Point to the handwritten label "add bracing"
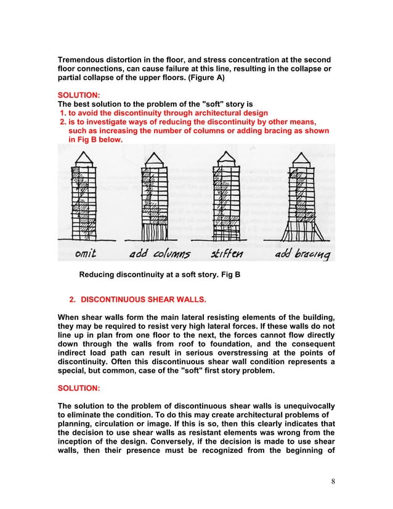tap(300, 254)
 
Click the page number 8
tap(333, 481)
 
